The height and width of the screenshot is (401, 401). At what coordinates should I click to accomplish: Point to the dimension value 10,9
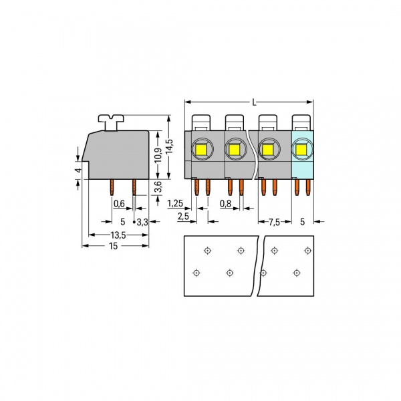click(x=158, y=155)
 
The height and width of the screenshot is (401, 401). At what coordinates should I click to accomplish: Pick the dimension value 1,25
click(x=176, y=203)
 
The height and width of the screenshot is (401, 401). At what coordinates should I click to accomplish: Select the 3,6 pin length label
click(x=158, y=188)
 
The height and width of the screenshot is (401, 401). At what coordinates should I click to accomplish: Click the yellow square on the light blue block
click(x=302, y=149)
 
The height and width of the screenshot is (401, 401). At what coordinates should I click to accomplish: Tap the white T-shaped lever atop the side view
click(x=112, y=120)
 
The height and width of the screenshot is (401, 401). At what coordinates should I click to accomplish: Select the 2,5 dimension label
click(x=182, y=217)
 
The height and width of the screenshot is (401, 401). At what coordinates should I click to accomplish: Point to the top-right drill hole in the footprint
click(x=307, y=251)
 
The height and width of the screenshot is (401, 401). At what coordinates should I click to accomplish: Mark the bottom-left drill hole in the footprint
click(x=196, y=273)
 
